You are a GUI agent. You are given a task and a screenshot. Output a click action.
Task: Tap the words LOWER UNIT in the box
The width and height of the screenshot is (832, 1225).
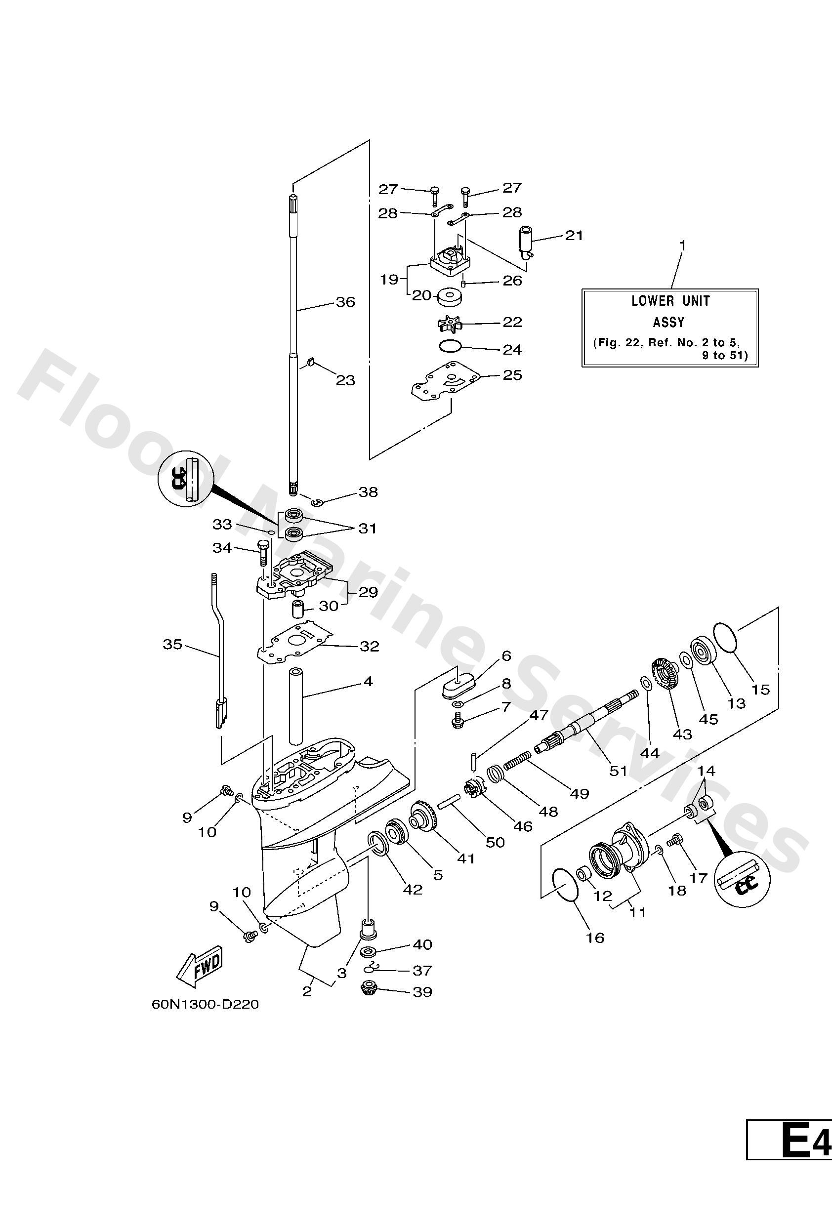click(x=670, y=301)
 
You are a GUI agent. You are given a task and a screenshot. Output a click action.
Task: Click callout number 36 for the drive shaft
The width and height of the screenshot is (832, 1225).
click(x=345, y=302)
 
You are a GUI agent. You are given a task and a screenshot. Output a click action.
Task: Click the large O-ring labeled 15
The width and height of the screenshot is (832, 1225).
click(x=727, y=637)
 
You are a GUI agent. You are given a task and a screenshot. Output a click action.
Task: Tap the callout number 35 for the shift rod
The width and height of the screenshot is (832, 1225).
click(x=172, y=644)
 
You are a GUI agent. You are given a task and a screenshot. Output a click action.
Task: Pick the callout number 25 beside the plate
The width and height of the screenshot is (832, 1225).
click(x=512, y=375)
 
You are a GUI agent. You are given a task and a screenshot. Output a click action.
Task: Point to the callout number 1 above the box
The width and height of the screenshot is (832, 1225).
click(x=682, y=245)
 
